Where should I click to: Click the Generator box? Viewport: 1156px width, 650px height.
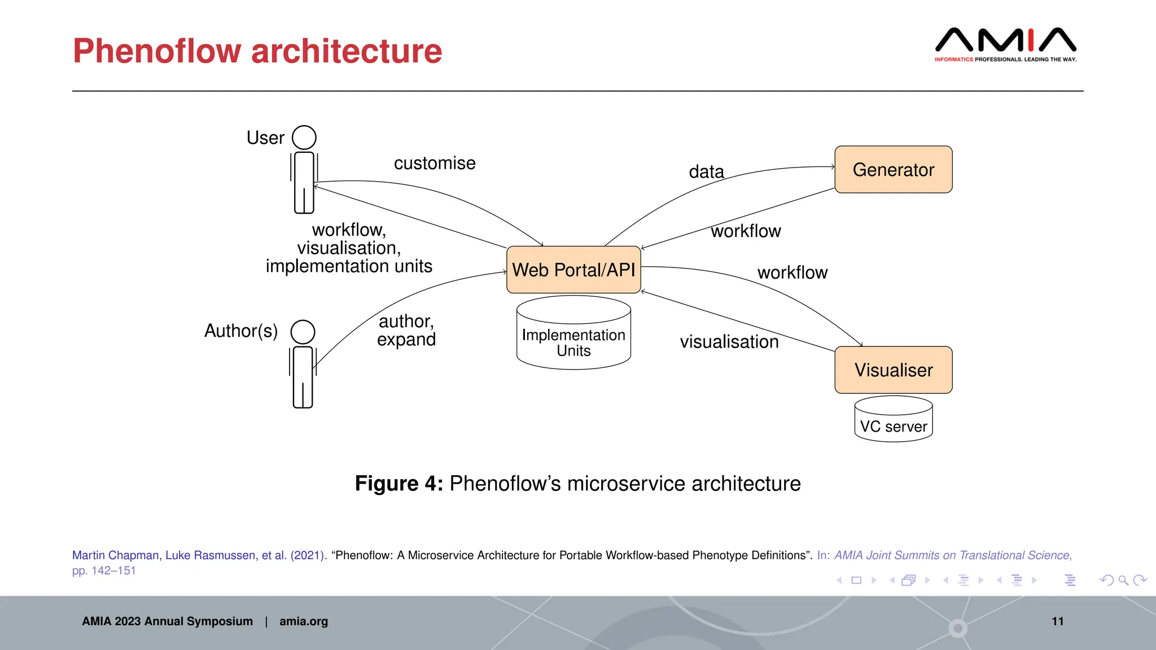(x=893, y=170)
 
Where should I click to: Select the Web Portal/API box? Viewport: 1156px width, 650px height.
(x=573, y=270)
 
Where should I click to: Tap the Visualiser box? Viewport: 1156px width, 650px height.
(x=893, y=370)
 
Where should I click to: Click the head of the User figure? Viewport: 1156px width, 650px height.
(x=304, y=137)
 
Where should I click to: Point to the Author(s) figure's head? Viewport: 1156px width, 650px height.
(x=303, y=332)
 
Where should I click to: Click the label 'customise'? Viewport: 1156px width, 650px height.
(x=435, y=163)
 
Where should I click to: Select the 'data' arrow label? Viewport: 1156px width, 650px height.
(x=706, y=172)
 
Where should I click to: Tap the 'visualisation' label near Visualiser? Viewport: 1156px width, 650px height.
(x=729, y=342)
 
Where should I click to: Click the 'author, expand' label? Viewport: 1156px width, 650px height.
(x=406, y=331)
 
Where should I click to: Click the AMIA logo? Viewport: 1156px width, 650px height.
(x=1005, y=44)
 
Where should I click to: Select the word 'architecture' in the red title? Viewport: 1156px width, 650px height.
(x=346, y=51)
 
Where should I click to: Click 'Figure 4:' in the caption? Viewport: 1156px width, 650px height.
(x=399, y=484)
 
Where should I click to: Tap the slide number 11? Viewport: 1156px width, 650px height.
(x=1057, y=621)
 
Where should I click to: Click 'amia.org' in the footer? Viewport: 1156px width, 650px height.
(x=303, y=621)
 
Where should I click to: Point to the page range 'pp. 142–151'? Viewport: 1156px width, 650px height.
(x=104, y=570)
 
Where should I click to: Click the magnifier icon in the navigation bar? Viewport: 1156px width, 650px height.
(x=1123, y=580)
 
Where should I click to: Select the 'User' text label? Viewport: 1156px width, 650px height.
(x=265, y=138)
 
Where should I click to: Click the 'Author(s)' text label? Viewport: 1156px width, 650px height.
(x=241, y=331)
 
